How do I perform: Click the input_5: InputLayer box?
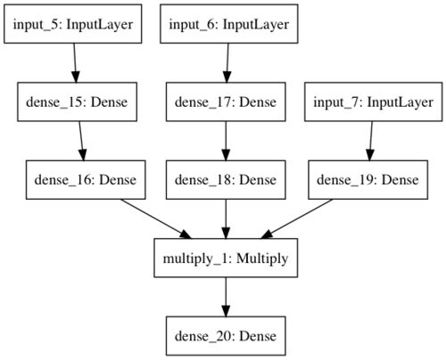click(73, 24)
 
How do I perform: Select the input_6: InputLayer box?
click(229, 24)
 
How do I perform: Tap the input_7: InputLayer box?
click(374, 102)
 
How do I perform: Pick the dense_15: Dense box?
click(77, 102)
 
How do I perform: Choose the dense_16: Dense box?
click(86, 180)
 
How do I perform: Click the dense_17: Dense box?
click(226, 102)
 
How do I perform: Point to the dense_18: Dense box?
click(226, 180)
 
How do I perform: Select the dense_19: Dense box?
click(368, 180)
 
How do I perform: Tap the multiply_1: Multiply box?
click(226, 258)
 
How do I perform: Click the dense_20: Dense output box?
click(226, 336)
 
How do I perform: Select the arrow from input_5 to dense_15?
click(75, 63)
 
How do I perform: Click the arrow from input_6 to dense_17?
click(227, 63)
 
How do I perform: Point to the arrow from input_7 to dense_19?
click(371, 141)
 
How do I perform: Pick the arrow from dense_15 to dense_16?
click(81, 141)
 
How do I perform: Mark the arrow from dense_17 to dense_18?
click(226, 141)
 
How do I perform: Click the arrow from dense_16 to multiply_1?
click(156, 218)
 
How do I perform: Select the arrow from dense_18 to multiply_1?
click(226, 218)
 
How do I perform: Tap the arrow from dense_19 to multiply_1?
click(296, 218)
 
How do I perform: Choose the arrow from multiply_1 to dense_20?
click(226, 297)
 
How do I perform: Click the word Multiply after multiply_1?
click(262, 258)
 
